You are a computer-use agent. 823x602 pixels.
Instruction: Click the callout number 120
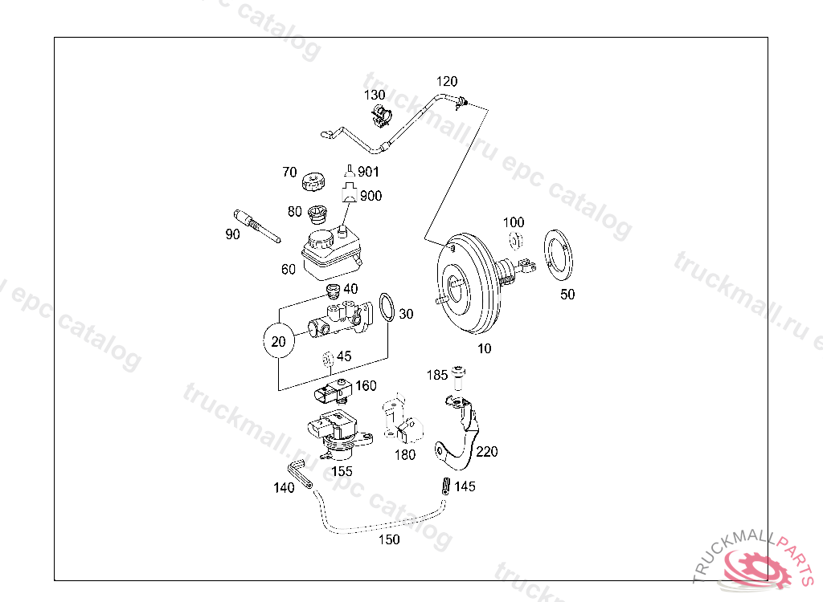tap(447, 81)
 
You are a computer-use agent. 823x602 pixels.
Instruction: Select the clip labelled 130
tap(380, 116)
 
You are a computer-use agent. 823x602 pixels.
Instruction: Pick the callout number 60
tap(289, 270)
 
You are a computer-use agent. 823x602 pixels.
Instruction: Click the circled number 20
tap(279, 342)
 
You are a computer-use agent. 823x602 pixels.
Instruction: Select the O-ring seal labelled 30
tap(387, 307)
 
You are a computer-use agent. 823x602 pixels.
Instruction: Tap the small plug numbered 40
tap(330, 291)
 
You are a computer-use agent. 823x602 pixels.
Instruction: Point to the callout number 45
tap(344, 356)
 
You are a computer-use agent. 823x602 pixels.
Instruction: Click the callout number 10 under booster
tap(484, 348)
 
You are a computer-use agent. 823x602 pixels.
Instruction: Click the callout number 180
tap(406, 455)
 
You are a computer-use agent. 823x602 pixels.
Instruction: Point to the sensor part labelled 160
tap(332, 393)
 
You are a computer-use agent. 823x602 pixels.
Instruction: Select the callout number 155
tap(342, 471)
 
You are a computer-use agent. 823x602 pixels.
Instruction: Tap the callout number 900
tap(371, 196)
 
